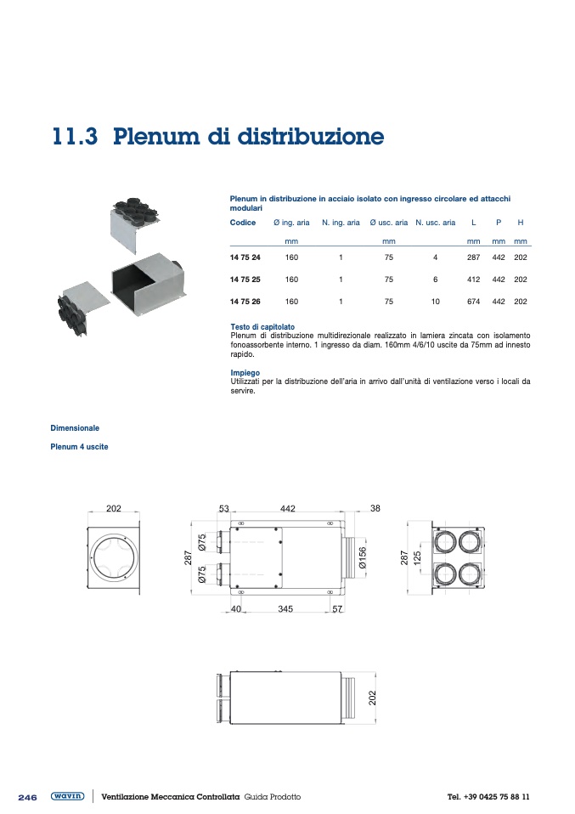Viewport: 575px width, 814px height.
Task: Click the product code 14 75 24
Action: pyautogui.click(x=245, y=257)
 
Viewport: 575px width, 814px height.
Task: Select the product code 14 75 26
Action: pyautogui.click(x=245, y=302)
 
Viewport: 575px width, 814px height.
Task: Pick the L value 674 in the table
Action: pyautogui.click(x=474, y=302)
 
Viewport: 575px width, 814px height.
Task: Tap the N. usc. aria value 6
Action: pyautogui.click(x=435, y=280)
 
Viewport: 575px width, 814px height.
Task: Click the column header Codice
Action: pyautogui.click(x=243, y=223)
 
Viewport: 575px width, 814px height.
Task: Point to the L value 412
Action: pyautogui.click(x=474, y=280)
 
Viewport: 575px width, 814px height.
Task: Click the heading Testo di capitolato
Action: pyautogui.click(x=262, y=327)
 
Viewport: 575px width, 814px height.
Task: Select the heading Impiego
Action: pyautogui.click(x=245, y=373)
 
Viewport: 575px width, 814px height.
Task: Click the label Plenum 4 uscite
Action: pyautogui.click(x=80, y=447)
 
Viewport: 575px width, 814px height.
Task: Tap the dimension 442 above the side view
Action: pyautogui.click(x=287, y=508)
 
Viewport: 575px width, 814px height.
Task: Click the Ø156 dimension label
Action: pyautogui.click(x=362, y=557)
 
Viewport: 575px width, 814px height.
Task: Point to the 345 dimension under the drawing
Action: pyautogui.click(x=285, y=609)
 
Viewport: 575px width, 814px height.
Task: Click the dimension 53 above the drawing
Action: pyautogui.click(x=224, y=508)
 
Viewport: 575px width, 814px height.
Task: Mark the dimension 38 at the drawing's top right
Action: pyautogui.click(x=375, y=508)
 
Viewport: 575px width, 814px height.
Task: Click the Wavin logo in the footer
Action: pyautogui.click(x=67, y=796)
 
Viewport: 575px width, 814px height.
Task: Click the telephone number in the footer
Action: pyautogui.click(x=488, y=797)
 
